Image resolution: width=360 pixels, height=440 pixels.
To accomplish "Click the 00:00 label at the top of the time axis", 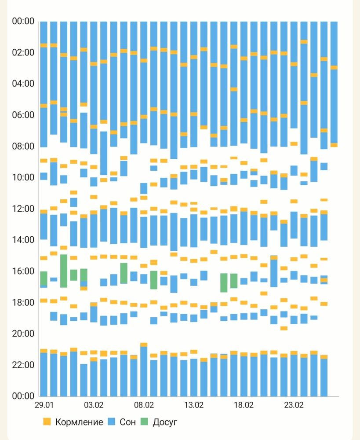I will tap(23, 21).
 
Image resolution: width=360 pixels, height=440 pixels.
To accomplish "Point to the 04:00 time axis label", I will tap(23, 84).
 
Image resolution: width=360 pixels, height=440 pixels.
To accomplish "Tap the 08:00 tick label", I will tap(23, 146).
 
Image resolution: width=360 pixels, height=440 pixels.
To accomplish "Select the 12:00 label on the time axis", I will tap(23, 209).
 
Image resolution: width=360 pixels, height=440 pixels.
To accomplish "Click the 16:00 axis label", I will tap(23, 271).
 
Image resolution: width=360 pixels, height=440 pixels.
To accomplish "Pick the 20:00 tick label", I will tap(23, 334).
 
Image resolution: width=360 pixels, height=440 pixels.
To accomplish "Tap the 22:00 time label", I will tap(23, 365).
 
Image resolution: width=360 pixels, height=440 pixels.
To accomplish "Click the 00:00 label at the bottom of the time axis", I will tap(23, 396).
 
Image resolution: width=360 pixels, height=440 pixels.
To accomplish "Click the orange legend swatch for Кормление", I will tap(47, 422).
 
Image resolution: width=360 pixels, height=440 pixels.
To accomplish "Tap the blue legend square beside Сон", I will tap(112, 422).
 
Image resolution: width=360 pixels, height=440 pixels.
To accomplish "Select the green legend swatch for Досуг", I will tap(144, 422).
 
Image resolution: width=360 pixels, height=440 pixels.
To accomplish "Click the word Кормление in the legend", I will tap(79, 422).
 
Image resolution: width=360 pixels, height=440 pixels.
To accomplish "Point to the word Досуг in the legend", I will tap(165, 422).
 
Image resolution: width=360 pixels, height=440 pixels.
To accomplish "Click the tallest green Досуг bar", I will tap(64, 271).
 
